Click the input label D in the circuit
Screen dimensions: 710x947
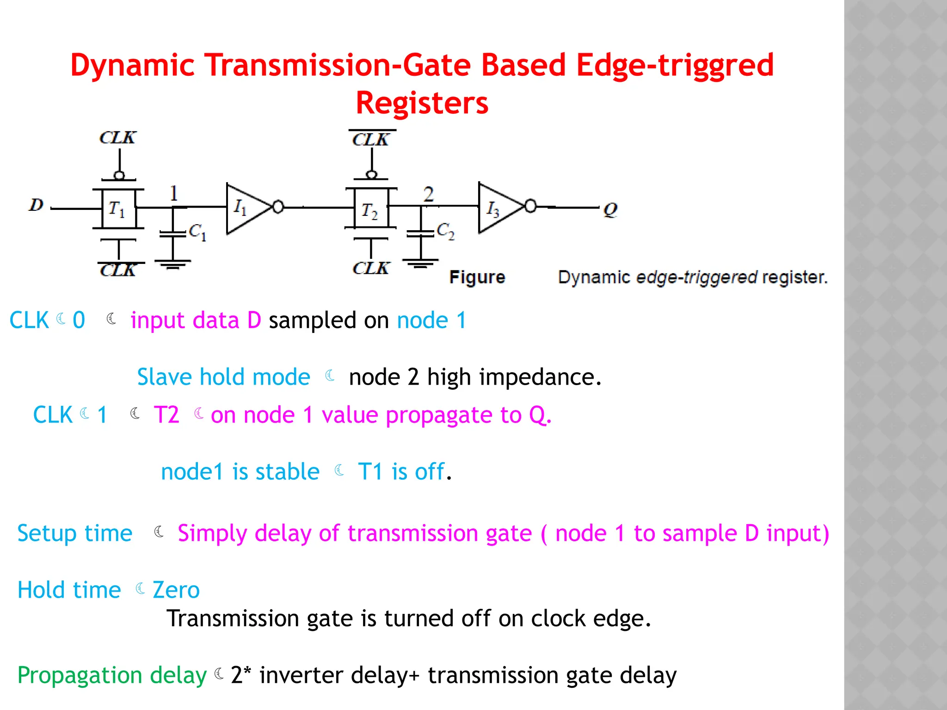36,205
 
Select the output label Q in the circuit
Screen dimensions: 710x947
610,210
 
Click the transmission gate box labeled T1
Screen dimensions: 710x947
118,208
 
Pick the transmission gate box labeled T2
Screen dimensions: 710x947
371,208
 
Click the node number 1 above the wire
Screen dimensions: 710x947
174,193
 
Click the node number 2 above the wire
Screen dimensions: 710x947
428,194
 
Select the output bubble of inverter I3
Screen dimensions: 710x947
531,206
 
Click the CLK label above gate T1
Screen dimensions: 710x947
117,138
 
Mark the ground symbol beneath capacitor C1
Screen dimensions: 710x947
172,264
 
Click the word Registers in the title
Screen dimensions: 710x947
422,103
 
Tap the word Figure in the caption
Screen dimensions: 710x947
477,277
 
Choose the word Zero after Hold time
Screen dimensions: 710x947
176,590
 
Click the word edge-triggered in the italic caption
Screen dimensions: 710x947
696,277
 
